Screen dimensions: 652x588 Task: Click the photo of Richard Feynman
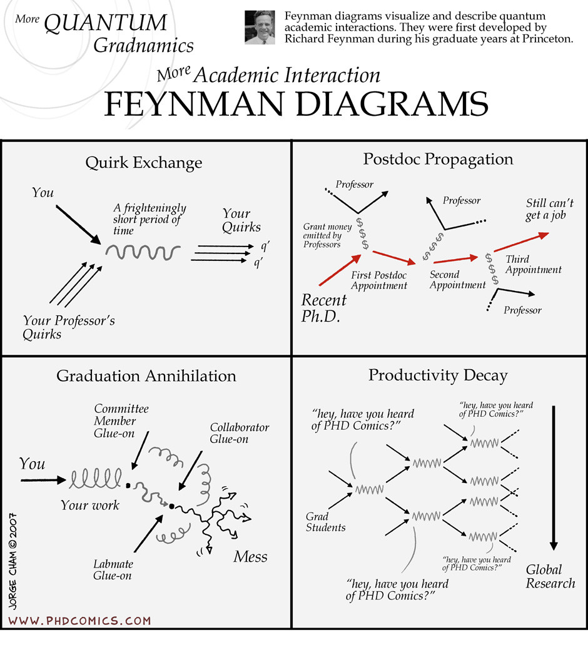[260, 28]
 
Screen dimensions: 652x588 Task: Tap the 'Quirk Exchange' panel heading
[144, 163]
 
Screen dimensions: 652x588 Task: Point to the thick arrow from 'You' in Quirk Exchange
[78, 223]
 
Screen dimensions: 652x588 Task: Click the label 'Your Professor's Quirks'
[69, 327]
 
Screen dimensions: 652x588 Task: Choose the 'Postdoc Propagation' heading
[438, 159]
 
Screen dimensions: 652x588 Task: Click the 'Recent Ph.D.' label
[324, 307]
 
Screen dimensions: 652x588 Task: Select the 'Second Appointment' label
[457, 280]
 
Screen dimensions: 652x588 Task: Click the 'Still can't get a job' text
[549, 210]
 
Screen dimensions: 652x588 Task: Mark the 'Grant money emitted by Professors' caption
[327, 235]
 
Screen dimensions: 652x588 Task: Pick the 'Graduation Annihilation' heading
[146, 376]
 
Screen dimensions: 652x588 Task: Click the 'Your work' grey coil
[96, 480]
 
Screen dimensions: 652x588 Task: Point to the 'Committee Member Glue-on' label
[121, 420]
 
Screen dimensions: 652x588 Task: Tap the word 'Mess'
[250, 556]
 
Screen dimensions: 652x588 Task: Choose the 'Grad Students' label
[325, 522]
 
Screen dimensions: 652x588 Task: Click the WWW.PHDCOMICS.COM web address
[79, 621]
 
